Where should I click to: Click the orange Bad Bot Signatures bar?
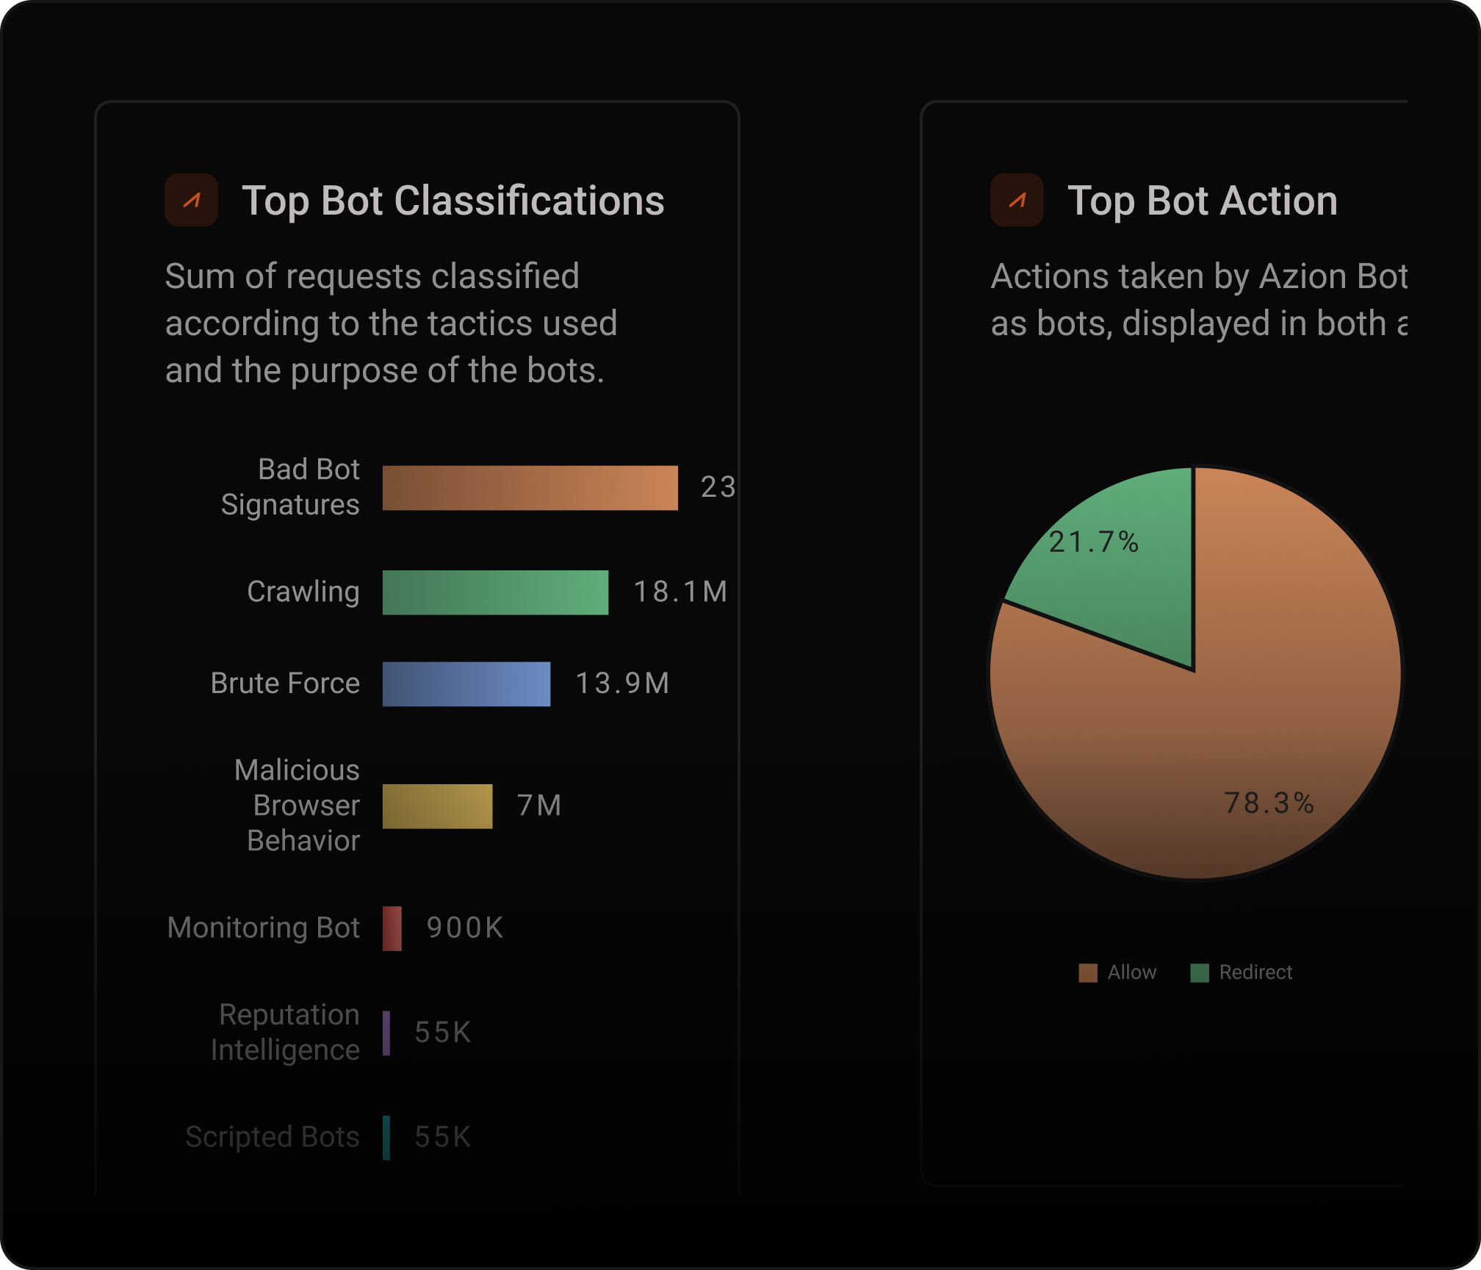point(530,488)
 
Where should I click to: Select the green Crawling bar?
point(495,592)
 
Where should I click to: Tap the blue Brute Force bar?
point(466,684)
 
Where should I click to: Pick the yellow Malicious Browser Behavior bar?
point(437,806)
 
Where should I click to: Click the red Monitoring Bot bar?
point(392,928)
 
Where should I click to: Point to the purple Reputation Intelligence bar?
point(386,1033)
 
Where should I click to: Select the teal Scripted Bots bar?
point(386,1138)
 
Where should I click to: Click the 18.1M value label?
point(680,592)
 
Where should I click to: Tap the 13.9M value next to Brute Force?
point(622,684)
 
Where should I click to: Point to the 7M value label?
point(539,806)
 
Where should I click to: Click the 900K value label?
point(465,928)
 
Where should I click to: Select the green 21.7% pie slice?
point(1124,581)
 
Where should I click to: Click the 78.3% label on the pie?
point(1269,803)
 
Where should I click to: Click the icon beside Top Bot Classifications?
point(191,200)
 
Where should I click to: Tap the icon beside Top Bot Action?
point(1017,200)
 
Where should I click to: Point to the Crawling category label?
point(303,592)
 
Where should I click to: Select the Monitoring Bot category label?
point(263,928)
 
